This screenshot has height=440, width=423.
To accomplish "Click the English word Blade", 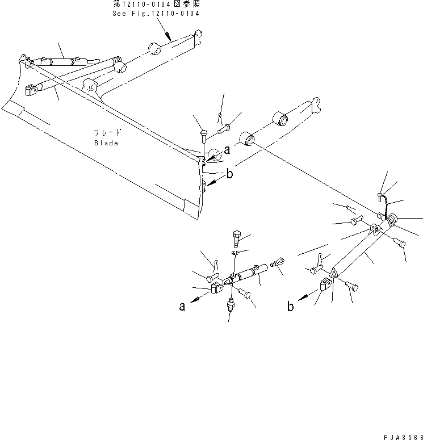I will (x=106, y=143).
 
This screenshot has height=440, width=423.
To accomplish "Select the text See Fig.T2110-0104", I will (x=157, y=14).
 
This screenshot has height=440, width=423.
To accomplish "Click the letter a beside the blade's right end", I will (x=227, y=150).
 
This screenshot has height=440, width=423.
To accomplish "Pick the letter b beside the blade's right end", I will (x=229, y=174).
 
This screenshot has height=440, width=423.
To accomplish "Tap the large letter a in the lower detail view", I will (x=182, y=307).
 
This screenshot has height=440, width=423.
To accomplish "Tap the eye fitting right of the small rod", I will (x=278, y=263).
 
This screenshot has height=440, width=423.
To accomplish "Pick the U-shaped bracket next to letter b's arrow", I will (x=325, y=286).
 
